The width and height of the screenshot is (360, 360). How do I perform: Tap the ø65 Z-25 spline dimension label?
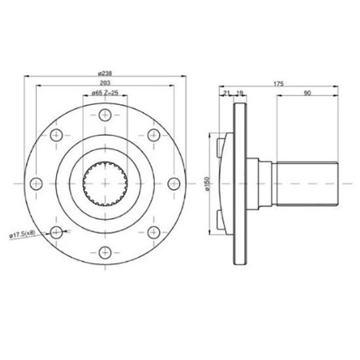point(105,94)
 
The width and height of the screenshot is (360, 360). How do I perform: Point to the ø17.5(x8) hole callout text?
point(27,234)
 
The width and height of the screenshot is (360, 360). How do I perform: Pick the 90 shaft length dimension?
point(306,94)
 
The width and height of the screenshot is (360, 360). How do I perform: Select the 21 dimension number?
point(226,94)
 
